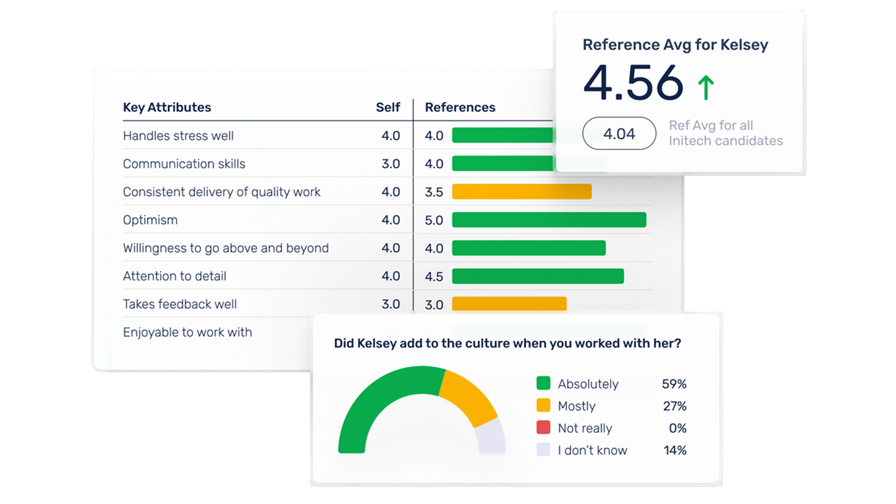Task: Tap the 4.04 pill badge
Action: [x=619, y=133]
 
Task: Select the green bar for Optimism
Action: [x=549, y=220]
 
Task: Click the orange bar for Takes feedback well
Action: [x=509, y=304]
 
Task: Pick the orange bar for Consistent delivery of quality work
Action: [x=521, y=192]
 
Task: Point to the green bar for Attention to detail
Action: [x=538, y=276]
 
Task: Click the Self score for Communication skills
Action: [x=391, y=164]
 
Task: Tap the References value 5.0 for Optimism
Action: [x=434, y=220]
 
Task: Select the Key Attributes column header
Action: [x=167, y=107]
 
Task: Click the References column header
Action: [x=460, y=107]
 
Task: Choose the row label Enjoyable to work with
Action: [x=187, y=332]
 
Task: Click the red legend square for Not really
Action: [x=543, y=428]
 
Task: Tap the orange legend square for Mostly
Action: [x=543, y=406]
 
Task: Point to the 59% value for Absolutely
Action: [x=674, y=384]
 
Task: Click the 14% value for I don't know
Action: [x=674, y=450]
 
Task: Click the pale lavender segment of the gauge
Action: [x=491, y=436]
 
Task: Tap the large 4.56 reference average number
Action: [x=633, y=83]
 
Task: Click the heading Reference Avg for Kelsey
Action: [x=675, y=45]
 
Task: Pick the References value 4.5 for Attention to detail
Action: [x=434, y=276]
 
